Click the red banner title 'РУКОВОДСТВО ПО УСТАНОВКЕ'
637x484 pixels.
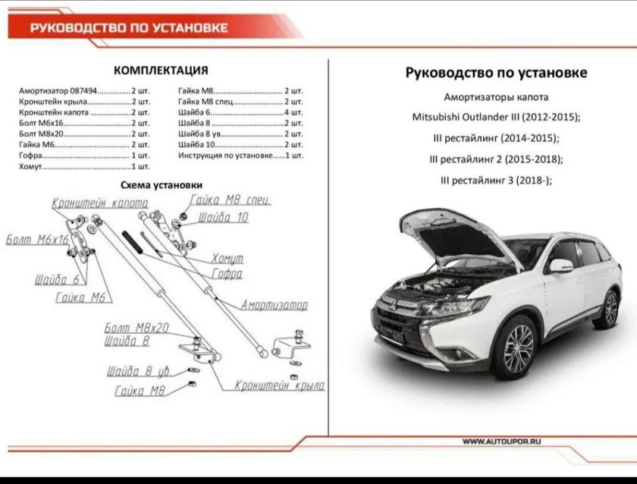pyautogui.click(x=129, y=28)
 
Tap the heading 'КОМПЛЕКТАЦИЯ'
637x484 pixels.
pyautogui.click(x=161, y=71)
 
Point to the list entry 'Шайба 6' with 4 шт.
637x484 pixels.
pyautogui.click(x=240, y=112)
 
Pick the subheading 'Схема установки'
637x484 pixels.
pyautogui.click(x=162, y=184)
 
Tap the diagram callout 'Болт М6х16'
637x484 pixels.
pyautogui.click(x=37, y=240)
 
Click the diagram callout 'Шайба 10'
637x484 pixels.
pyautogui.click(x=223, y=218)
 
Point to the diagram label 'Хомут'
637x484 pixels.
pyautogui.click(x=227, y=259)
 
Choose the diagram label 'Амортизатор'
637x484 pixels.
pyautogui.click(x=275, y=305)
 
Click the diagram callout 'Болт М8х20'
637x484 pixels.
pyautogui.click(x=136, y=328)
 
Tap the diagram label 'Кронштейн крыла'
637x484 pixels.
pyautogui.click(x=280, y=385)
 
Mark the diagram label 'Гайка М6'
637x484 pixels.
pyautogui.click(x=80, y=297)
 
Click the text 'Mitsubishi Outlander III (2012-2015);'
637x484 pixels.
pyautogui.click(x=496, y=118)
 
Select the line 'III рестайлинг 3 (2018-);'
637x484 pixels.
pyautogui.click(x=496, y=180)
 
